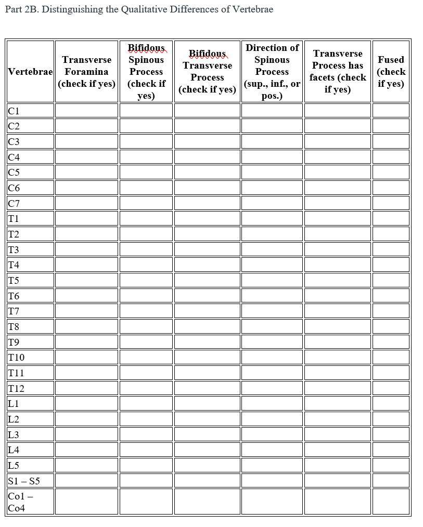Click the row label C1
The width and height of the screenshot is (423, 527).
[14, 111]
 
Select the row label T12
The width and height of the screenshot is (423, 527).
[16, 388]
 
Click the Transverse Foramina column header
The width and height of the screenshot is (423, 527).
[86, 72]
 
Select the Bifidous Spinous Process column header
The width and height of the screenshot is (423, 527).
[146, 72]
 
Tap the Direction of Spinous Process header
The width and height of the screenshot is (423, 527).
[272, 72]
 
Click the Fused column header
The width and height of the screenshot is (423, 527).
[391, 72]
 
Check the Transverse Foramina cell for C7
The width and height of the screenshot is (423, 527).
[86, 203]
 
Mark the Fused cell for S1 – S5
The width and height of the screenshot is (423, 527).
[391, 480]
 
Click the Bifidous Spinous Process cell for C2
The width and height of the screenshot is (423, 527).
[146, 126]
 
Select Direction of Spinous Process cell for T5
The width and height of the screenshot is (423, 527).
[272, 280]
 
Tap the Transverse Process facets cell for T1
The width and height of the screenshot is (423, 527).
[338, 218]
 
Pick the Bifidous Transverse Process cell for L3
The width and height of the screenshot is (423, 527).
[207, 434]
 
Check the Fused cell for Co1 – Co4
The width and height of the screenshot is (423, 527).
[391, 501]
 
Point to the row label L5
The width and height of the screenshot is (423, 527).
[14, 465]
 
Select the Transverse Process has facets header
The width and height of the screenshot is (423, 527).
[338, 72]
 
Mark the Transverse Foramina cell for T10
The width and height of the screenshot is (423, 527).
[86, 357]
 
